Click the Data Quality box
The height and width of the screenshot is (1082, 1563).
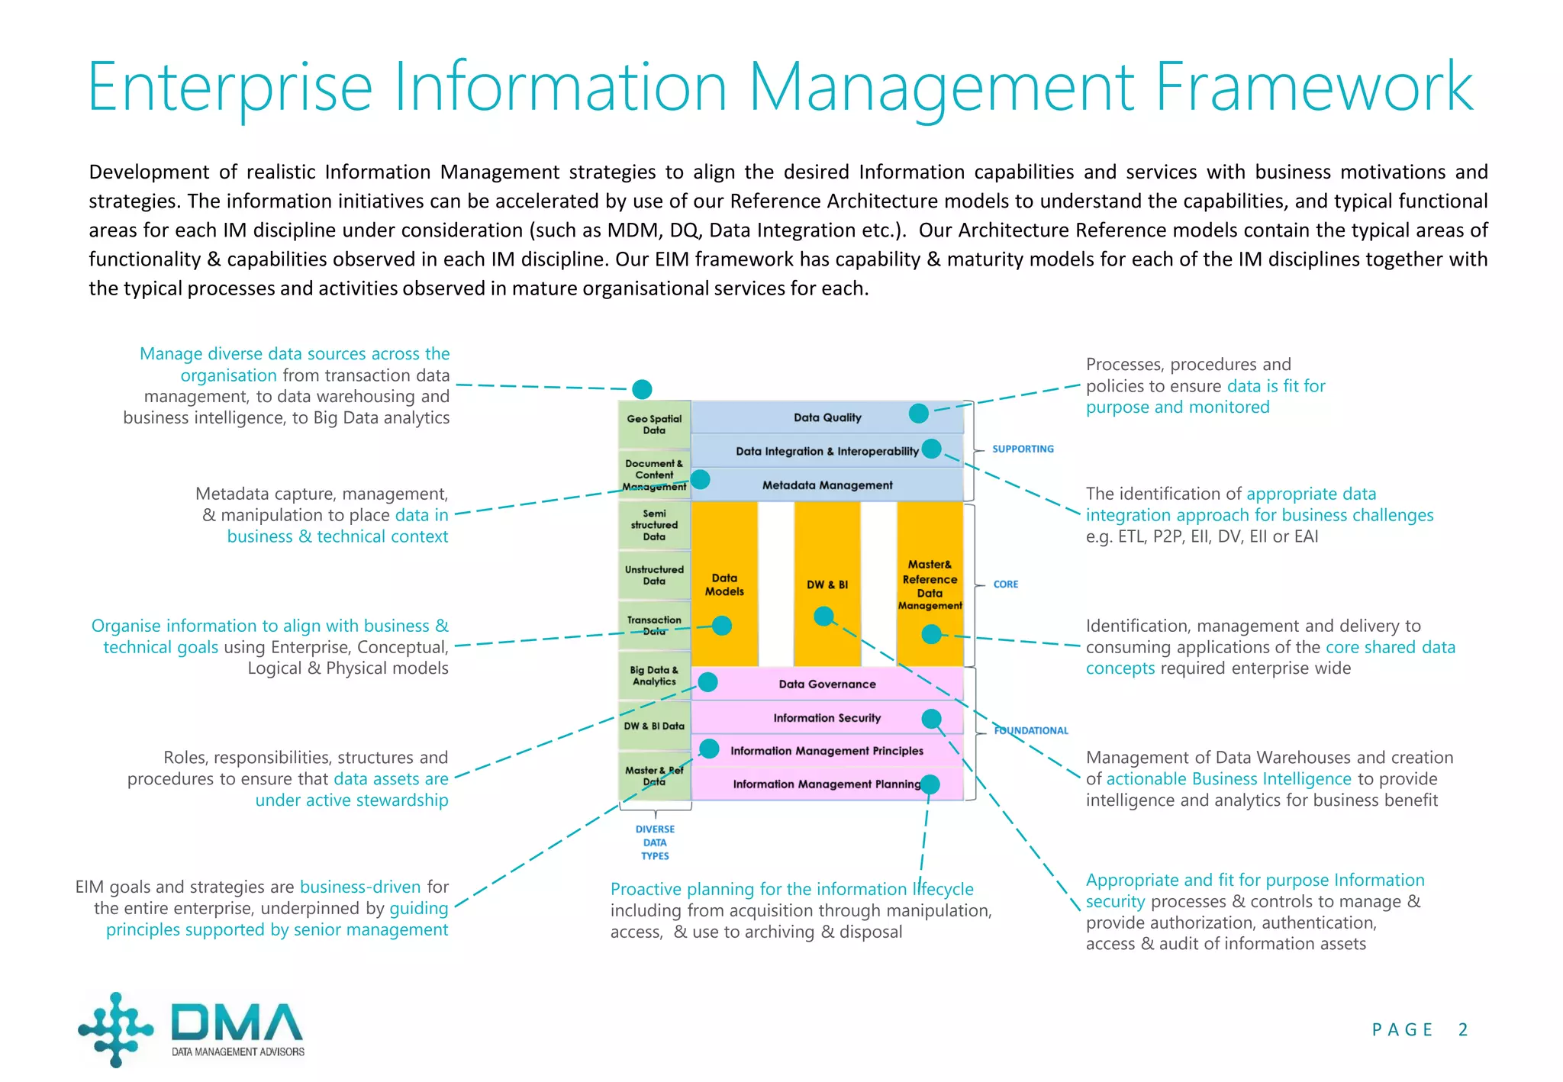[827, 417]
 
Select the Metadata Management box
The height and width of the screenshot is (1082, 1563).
[827, 485]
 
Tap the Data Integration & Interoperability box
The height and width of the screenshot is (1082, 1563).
[827, 451]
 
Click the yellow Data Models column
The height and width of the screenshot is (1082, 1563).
[724, 584]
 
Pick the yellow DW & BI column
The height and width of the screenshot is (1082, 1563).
[827, 584]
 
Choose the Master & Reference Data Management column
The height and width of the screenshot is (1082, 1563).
[930, 584]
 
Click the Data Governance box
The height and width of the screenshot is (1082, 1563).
[827, 684]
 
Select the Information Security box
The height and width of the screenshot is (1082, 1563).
[827, 717]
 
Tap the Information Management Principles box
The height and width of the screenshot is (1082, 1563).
[827, 751]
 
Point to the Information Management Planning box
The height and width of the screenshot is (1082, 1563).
[827, 784]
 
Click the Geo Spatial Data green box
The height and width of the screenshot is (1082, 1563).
[654, 424]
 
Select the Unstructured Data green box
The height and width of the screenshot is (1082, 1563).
[654, 575]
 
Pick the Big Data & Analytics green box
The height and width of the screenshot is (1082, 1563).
[654, 676]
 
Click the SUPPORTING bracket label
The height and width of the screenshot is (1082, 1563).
[1023, 449]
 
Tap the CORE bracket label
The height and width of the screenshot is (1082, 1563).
[1006, 584]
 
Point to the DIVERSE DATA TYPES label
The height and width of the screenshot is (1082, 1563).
[655, 842]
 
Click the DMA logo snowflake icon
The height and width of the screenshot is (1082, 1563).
[116, 1029]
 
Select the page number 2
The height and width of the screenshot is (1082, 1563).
[1462, 1029]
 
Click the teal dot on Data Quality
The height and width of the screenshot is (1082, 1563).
[919, 414]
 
